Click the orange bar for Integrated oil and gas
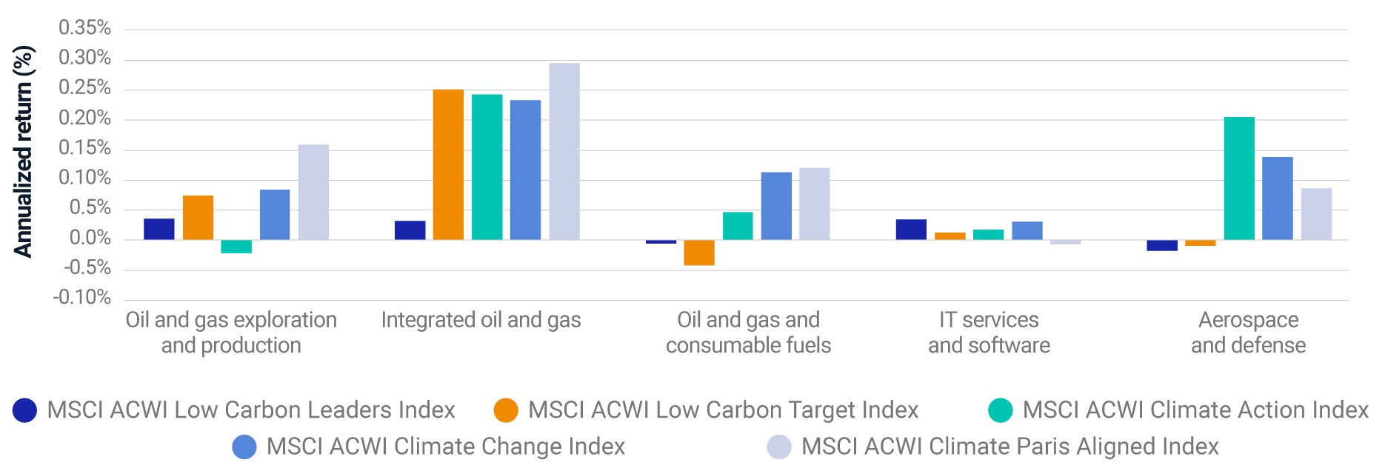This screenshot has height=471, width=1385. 448,164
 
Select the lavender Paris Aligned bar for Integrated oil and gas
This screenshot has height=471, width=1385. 564,151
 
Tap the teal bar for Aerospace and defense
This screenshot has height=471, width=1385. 1239,178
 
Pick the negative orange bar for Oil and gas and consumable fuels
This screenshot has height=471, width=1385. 699,253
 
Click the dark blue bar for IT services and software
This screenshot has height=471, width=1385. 911,230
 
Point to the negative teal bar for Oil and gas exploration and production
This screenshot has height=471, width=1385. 236,247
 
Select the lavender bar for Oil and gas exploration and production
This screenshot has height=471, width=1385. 313,192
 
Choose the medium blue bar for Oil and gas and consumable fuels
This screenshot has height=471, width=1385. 776,206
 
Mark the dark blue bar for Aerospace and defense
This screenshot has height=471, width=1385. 1162,245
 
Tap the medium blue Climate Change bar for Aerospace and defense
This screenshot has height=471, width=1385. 1278,198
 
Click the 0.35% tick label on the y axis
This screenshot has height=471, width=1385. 85,28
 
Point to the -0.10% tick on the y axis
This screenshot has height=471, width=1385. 82,298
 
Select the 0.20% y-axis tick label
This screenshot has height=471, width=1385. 85,118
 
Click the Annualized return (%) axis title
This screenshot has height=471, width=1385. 23,151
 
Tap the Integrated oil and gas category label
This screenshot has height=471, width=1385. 481,320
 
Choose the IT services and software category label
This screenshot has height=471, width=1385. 989,333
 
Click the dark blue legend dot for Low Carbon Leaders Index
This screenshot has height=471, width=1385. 25,410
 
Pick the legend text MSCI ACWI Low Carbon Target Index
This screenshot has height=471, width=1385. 723,410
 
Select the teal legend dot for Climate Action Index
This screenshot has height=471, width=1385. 1001,410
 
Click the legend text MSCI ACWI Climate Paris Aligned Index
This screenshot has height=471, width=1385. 1010,447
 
